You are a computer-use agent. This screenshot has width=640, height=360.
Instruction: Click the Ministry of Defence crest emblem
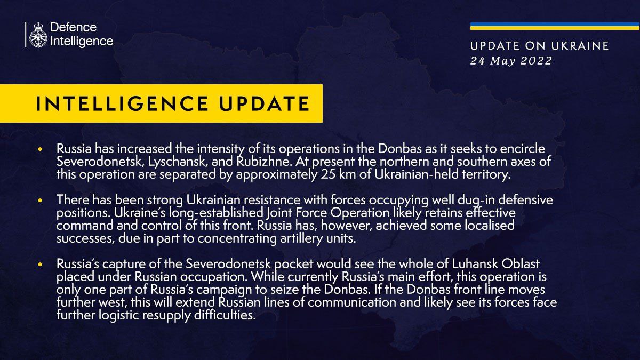click(x=38, y=35)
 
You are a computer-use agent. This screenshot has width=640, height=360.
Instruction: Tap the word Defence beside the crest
click(x=73, y=27)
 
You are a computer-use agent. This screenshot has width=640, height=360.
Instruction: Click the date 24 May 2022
click(x=511, y=61)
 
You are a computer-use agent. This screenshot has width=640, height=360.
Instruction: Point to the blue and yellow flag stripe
click(x=555, y=26)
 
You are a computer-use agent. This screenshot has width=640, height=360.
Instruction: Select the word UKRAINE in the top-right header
click(x=580, y=46)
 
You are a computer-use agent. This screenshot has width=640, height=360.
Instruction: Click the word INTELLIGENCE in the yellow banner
click(x=122, y=103)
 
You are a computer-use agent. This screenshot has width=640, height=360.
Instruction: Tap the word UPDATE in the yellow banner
click(x=265, y=103)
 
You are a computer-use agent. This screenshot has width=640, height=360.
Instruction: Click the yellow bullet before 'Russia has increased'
click(x=39, y=149)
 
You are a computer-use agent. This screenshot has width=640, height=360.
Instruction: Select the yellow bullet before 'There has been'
click(x=39, y=201)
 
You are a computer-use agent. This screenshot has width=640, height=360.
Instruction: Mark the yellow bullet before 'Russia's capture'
click(x=39, y=265)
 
